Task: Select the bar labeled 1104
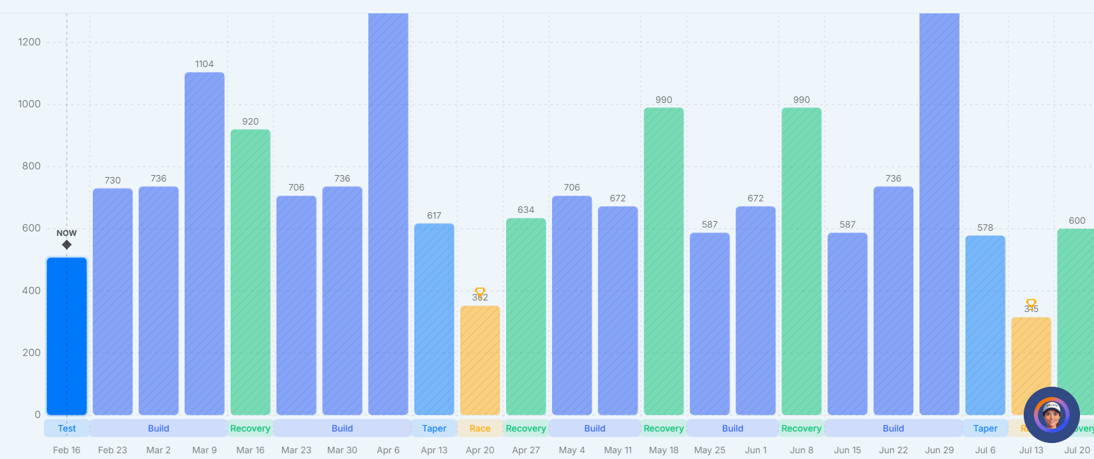204,243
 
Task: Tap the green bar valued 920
250,272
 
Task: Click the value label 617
434,215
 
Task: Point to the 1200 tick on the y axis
29,42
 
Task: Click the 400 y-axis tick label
31,291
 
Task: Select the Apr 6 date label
388,450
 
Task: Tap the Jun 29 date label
939,450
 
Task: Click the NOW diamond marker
66,245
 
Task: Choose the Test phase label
66,428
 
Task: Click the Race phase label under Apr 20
480,428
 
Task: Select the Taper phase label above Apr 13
434,428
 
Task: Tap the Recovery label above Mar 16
250,428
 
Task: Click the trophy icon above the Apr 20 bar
480,292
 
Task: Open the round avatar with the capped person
1051,415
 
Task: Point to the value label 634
526,210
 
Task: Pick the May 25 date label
709,450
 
